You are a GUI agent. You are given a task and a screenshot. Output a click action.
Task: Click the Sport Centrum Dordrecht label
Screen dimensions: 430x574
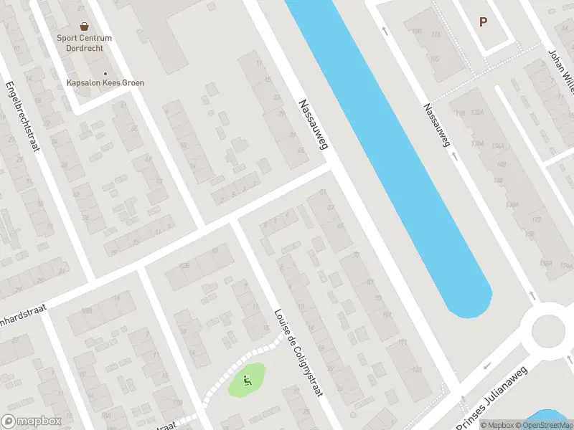85,42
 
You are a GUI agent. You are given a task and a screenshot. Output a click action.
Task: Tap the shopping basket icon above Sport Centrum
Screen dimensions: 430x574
84,26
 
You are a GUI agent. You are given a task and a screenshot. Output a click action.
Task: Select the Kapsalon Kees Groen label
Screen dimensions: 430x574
105,83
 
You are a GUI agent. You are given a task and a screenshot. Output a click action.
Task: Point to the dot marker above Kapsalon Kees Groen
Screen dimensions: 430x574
105,73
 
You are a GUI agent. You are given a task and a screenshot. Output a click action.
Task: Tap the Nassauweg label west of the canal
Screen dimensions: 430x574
314,124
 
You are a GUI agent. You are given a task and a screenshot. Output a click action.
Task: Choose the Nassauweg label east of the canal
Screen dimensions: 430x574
436,125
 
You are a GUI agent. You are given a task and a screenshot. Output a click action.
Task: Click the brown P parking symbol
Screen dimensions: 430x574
484,21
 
